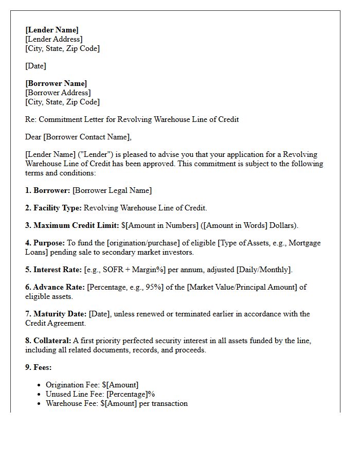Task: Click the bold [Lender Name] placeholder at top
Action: [x=52, y=30]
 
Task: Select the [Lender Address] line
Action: [x=53, y=39]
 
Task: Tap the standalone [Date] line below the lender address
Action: [x=35, y=66]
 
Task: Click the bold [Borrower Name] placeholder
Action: [x=56, y=83]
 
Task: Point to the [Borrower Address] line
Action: [x=58, y=93]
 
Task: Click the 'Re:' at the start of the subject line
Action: [x=30, y=119]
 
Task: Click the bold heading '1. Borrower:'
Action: [x=48, y=190]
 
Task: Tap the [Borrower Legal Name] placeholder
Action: [x=112, y=190]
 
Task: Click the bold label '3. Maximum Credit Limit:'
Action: [x=72, y=225]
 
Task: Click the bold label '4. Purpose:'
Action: [x=45, y=243]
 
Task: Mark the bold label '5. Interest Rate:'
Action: [x=53, y=270]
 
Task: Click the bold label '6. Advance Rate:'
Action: [x=55, y=287]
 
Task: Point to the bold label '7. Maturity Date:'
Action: [x=56, y=314]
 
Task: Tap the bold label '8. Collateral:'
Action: [x=49, y=341]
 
